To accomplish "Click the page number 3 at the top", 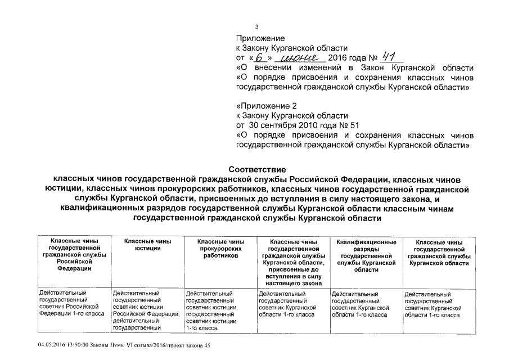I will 257,26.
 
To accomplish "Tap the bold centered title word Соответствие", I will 257,169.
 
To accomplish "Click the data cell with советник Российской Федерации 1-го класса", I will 70,303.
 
